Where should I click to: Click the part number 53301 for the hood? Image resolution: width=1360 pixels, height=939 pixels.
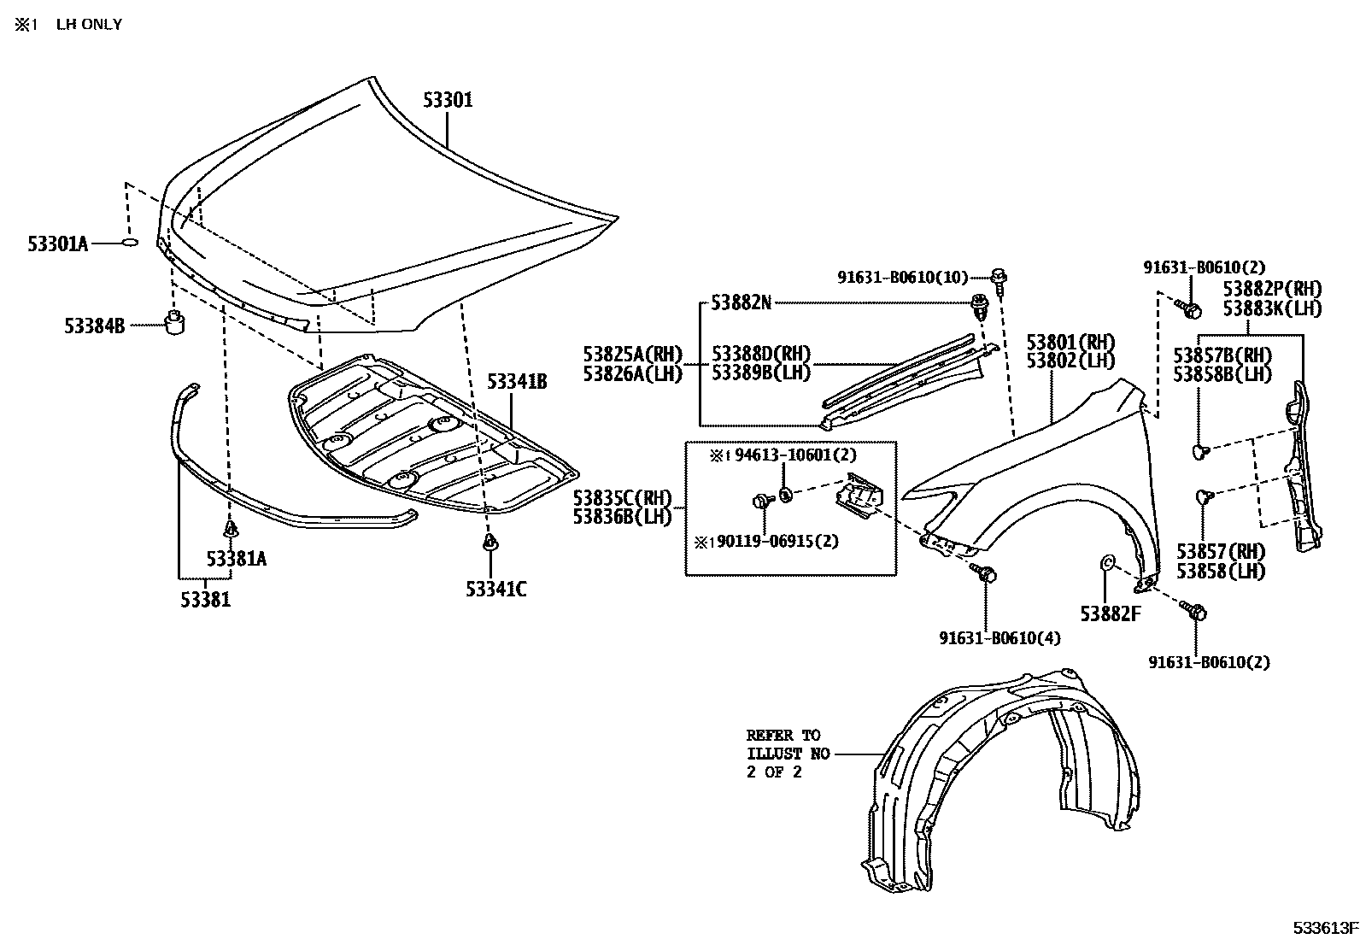[x=448, y=101]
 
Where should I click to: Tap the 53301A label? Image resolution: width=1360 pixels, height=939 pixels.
[x=57, y=244]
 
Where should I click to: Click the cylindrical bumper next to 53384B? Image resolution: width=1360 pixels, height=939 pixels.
[x=174, y=324]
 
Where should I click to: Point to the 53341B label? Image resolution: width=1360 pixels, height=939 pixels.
[x=517, y=381]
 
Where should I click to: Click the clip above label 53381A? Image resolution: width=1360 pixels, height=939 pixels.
[x=231, y=531]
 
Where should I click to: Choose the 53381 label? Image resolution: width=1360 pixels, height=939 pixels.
[x=205, y=600]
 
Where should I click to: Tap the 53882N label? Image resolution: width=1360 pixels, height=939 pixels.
[x=741, y=302]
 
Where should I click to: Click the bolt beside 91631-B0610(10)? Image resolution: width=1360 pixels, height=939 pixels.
[x=999, y=276]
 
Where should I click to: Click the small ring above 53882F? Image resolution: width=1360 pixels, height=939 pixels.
[x=1105, y=561]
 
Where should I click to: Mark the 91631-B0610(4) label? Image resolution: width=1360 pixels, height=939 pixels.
[x=999, y=637]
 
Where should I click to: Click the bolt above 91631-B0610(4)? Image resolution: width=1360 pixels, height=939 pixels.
[x=987, y=574]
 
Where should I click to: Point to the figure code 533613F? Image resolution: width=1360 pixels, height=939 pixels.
[x=1324, y=927]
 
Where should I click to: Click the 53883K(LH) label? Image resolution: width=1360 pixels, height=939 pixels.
[x=1271, y=308]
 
